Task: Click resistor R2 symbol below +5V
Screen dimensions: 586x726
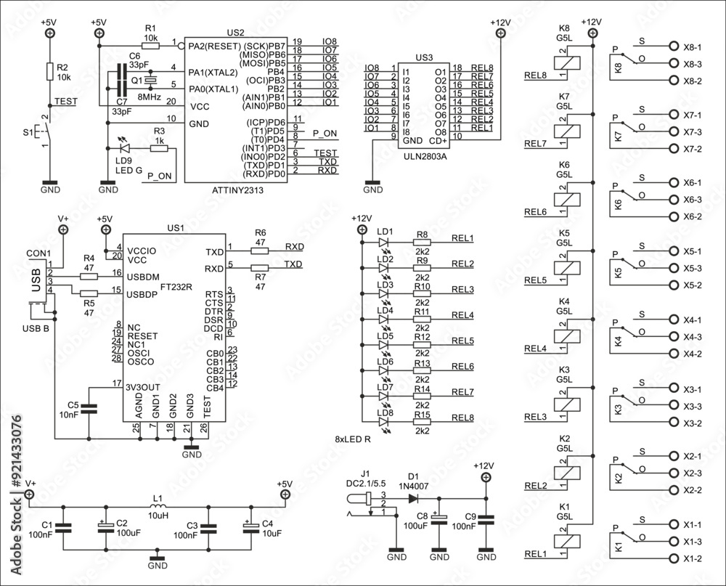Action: point(49,71)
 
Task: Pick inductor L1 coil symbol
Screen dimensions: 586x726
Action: point(158,507)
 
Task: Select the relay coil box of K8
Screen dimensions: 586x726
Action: point(567,62)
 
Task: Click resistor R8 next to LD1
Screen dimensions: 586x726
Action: point(422,243)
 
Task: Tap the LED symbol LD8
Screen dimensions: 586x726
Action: point(384,422)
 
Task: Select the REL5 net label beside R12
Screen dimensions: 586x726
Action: point(462,341)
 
